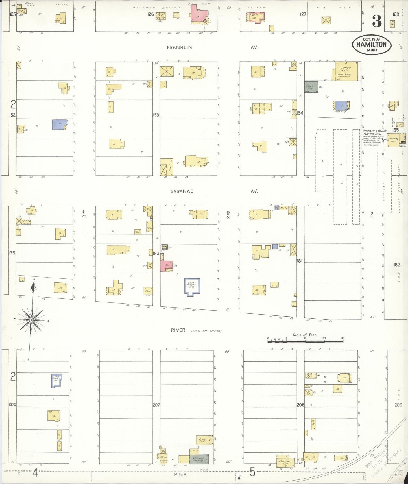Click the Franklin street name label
[179, 47]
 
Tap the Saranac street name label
[182, 191]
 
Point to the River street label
[178, 330]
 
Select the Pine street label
[180, 474]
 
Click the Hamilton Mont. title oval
[371, 44]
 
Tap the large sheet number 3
[377, 21]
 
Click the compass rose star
[31, 320]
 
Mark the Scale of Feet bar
[305, 341]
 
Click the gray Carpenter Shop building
[311, 87]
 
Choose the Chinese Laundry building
[199, 459]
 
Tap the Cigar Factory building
[203, 440]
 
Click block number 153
[156, 115]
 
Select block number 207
[156, 405]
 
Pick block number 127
[303, 14]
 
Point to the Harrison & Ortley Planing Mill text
[374, 132]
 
